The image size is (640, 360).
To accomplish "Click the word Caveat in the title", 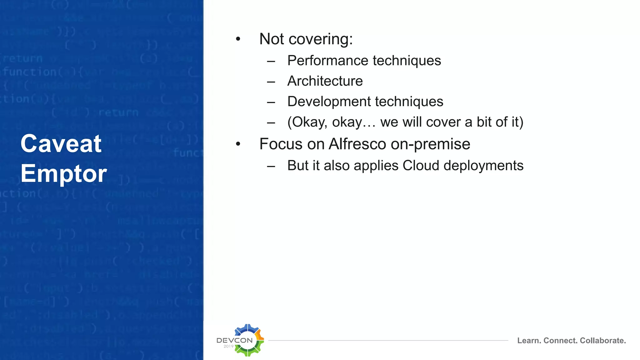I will tap(61, 144).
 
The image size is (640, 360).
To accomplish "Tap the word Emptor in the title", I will tap(64, 174).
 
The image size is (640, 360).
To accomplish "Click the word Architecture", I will tap(325, 81).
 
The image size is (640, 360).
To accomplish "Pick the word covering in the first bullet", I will tap(321, 39).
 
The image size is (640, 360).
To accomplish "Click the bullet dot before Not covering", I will tap(238, 39).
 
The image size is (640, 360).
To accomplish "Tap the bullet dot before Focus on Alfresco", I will tap(238, 144).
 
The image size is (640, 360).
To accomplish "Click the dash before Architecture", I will tap(271, 82).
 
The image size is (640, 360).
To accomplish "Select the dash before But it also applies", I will tap(271, 167).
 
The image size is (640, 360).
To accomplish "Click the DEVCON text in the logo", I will tap(234, 340).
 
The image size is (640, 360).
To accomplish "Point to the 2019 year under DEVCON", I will tap(228, 346).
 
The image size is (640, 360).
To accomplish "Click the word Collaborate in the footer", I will tap(603, 341).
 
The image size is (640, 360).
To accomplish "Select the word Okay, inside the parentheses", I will tap(307, 122).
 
